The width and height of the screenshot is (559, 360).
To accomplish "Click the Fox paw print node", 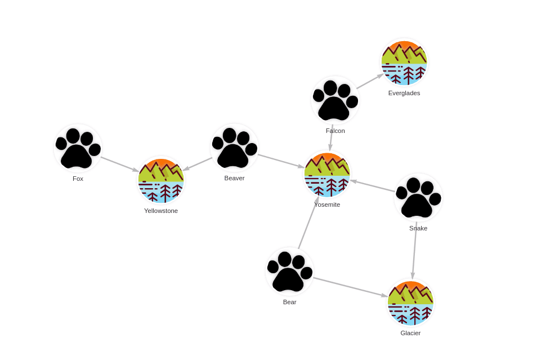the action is [x=78, y=148].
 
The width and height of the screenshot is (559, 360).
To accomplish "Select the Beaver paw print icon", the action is [x=234, y=148].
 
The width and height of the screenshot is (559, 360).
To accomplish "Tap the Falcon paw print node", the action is [x=335, y=100].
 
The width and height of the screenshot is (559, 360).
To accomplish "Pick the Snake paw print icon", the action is [x=418, y=198].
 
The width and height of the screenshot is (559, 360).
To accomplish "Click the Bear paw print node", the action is [x=289, y=272].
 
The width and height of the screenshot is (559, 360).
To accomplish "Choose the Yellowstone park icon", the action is [x=161, y=180].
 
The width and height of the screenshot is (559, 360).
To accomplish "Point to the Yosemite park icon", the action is [x=327, y=175].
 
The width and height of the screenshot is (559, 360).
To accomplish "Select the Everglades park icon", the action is [x=404, y=63].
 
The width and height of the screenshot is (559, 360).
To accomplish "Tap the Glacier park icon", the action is [x=410, y=303].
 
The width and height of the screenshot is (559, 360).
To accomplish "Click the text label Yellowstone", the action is [x=161, y=211].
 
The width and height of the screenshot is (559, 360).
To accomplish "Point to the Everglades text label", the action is [x=404, y=93].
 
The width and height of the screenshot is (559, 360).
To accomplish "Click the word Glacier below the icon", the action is [x=410, y=334].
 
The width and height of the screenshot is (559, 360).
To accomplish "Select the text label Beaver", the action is [x=234, y=178].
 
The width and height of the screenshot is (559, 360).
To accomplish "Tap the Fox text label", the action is [x=78, y=179].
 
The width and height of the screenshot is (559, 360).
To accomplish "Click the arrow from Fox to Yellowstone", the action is [x=120, y=164].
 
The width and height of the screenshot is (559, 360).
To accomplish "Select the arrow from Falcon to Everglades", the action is [x=370, y=81].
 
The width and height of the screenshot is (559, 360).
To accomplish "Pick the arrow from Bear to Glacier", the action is [x=351, y=287].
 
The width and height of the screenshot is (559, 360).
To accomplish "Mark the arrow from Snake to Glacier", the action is [x=414, y=251].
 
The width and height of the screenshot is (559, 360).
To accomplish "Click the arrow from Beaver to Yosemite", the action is [x=281, y=161].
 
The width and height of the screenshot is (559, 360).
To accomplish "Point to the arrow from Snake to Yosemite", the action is [x=373, y=186].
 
